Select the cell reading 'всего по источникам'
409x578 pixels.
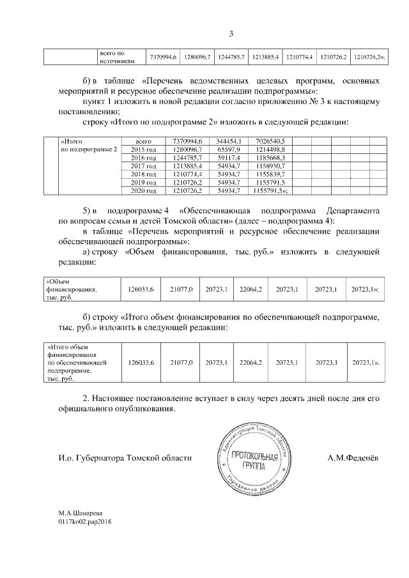(x=116, y=57)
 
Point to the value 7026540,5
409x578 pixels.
(x=273, y=141)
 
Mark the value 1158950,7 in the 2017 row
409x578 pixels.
(x=273, y=165)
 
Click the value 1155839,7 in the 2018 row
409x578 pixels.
(x=273, y=174)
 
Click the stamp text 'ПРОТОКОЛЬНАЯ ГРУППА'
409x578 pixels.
(x=254, y=461)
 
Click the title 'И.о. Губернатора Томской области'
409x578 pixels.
(x=125, y=459)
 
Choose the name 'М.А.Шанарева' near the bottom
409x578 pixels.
(x=80, y=513)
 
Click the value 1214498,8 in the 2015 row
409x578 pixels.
(x=273, y=149)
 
